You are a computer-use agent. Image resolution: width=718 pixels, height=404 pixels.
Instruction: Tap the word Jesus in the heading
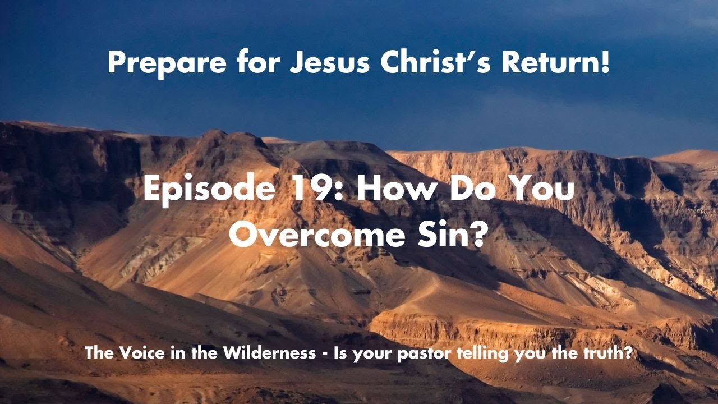click(x=329, y=63)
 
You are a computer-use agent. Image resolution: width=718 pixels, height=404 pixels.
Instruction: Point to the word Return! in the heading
click(x=555, y=63)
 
